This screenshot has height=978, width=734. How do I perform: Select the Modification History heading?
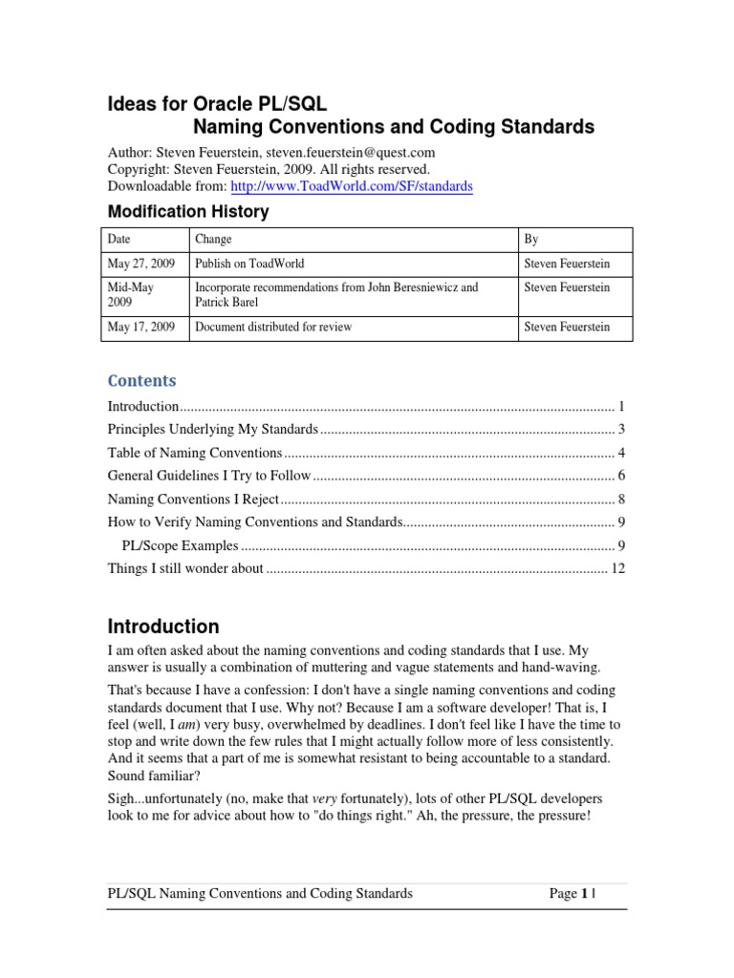[186, 211]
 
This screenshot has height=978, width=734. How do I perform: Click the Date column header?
[120, 239]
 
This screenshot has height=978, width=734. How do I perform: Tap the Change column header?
[213, 239]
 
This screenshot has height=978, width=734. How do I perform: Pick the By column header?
[531, 239]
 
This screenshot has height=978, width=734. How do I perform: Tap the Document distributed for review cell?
[273, 327]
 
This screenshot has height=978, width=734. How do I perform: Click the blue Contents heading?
[141, 380]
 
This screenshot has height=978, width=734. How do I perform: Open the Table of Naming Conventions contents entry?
[194, 452]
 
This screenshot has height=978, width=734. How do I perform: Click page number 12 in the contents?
[616, 568]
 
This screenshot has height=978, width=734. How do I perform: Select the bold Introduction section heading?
[162, 627]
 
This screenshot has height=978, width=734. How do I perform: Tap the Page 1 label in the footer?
[567, 894]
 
